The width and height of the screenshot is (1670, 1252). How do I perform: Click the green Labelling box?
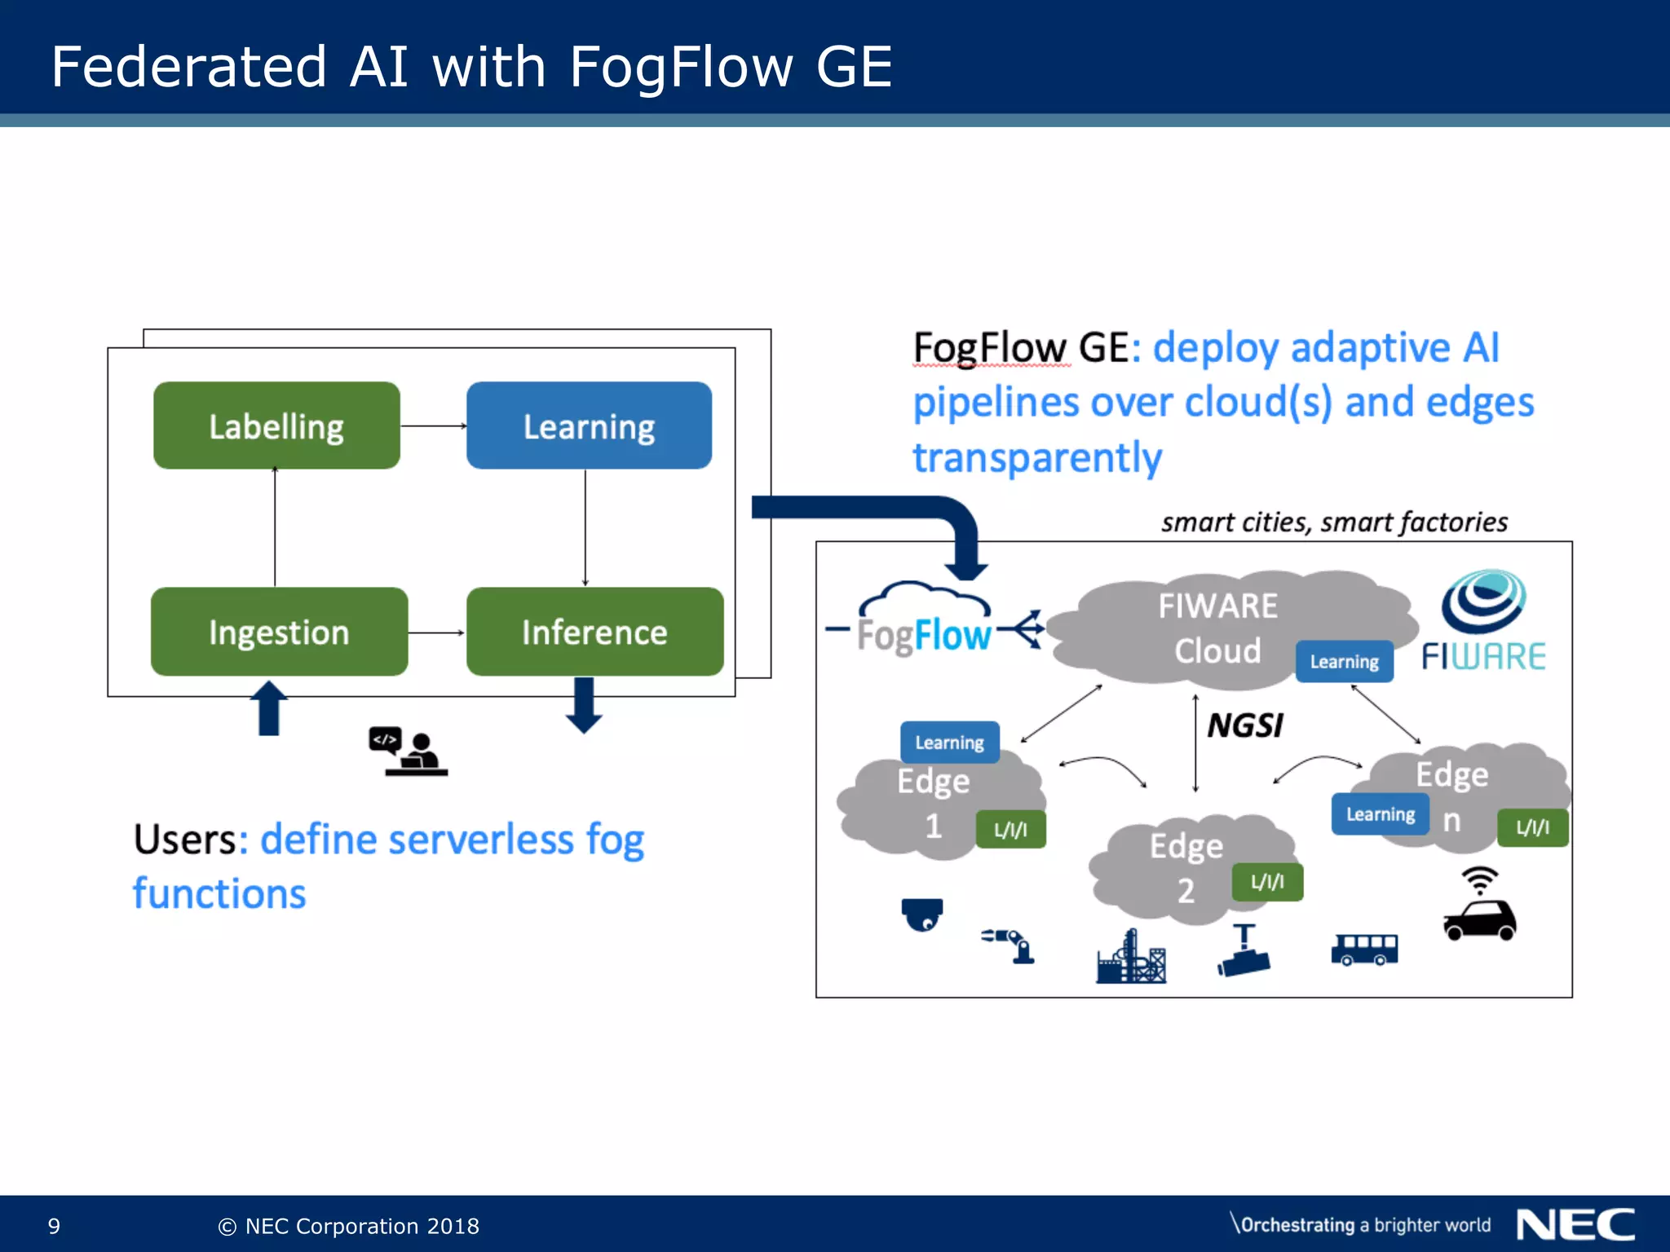tap(276, 425)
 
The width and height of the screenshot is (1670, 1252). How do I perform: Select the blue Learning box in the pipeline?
tap(589, 425)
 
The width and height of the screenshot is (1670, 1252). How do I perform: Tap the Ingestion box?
tap(279, 632)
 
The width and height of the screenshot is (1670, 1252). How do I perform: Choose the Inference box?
tap(594, 632)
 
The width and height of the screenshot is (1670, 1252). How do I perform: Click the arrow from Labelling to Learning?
tap(433, 425)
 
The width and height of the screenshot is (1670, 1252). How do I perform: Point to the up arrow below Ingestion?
tap(269, 708)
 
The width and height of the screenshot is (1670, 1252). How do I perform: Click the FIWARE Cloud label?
tap(1217, 628)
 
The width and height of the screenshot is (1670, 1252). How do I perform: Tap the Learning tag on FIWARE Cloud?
tap(1344, 661)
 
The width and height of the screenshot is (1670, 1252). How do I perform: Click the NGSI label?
tap(1244, 725)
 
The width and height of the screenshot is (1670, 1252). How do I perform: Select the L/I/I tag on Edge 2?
tap(1267, 882)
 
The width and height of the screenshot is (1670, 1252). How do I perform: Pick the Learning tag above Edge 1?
tap(949, 742)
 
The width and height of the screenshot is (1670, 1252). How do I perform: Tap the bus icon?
tap(1364, 950)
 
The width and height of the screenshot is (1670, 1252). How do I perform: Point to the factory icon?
tap(1131, 959)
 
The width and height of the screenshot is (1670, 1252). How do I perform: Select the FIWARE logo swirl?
tap(1483, 602)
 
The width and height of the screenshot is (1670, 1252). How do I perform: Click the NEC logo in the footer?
tap(1575, 1225)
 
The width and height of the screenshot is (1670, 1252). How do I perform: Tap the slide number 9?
tap(54, 1226)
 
